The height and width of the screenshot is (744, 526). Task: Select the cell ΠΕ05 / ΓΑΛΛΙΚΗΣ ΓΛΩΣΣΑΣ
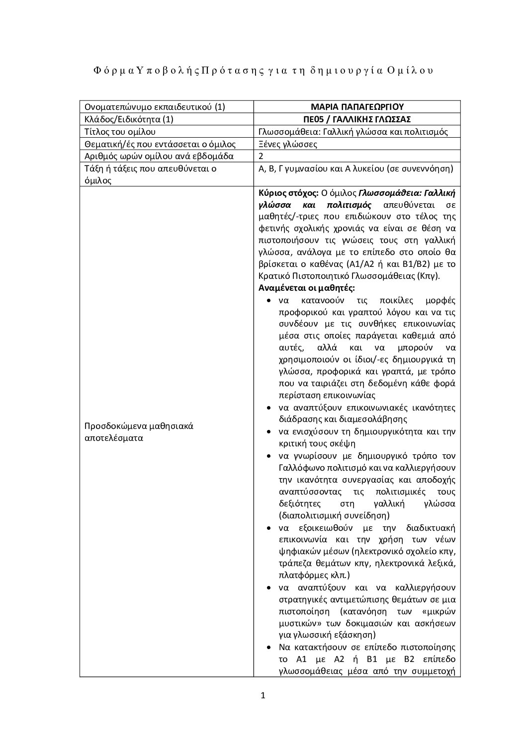(357, 119)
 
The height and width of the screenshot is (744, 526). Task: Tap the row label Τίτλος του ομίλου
(120, 132)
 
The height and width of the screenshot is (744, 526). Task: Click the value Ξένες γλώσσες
(288, 144)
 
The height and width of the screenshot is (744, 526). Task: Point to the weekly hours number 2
(262, 157)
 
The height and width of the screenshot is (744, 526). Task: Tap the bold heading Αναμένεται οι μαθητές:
(307, 288)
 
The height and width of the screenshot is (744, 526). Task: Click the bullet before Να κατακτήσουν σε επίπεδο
(269, 648)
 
